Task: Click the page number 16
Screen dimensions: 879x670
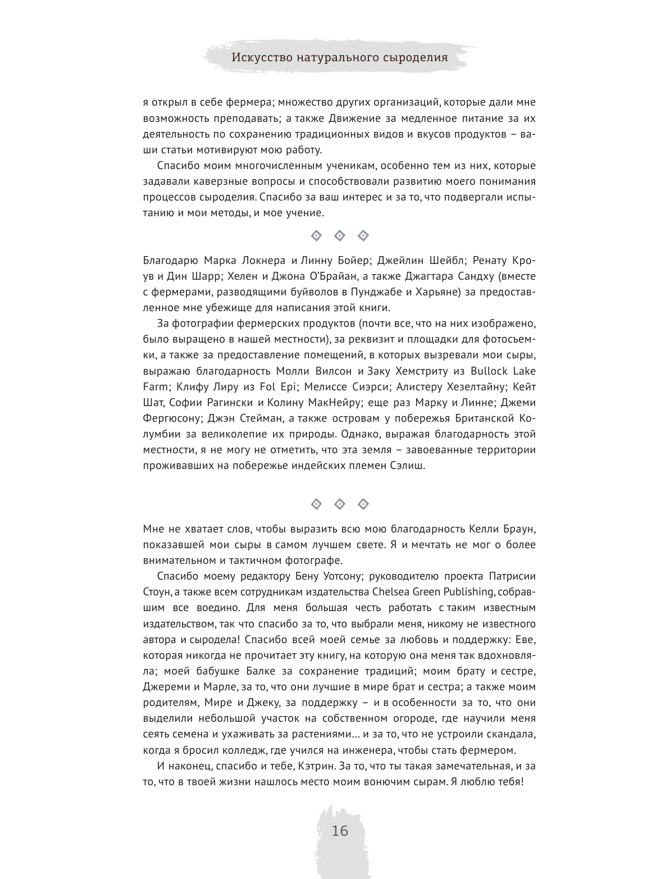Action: click(340, 831)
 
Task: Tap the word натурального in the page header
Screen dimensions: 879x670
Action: click(332, 57)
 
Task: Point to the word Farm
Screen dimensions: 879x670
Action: click(155, 387)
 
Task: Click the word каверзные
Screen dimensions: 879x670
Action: click(211, 181)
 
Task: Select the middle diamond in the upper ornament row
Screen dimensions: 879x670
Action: click(339, 236)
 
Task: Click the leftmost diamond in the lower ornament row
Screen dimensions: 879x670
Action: click(316, 504)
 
